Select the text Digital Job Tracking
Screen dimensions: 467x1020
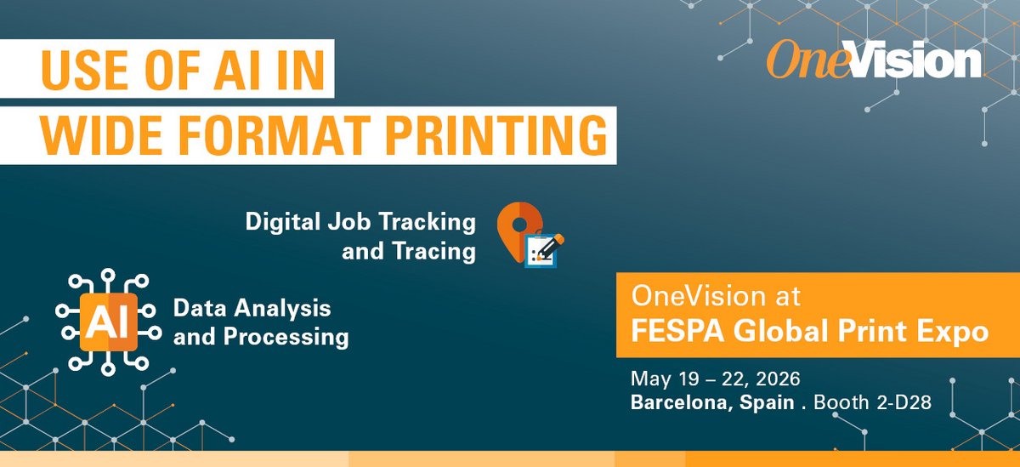(x=360, y=222)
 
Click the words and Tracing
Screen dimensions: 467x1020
(x=408, y=252)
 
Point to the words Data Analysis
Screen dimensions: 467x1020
(x=252, y=306)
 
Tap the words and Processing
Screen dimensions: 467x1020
(x=261, y=336)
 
